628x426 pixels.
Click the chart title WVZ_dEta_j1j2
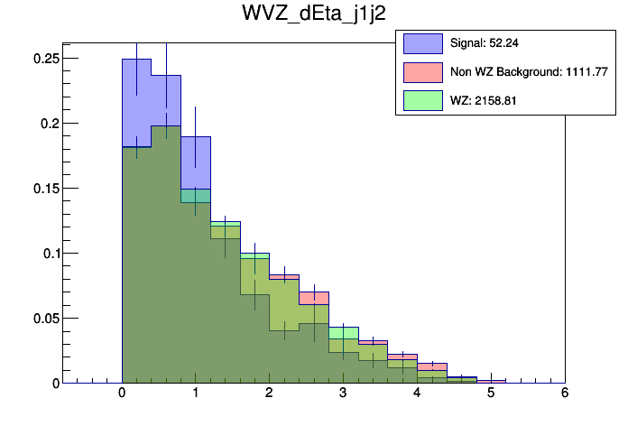[x=312, y=15]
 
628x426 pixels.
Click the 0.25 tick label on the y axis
[x=45, y=58]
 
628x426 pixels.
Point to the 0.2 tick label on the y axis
[x=49, y=123]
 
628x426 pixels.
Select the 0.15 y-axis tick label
[x=45, y=188]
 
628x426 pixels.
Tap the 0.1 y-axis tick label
[x=49, y=253]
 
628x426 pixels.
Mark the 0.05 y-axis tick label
[x=45, y=318]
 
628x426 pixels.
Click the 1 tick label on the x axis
[x=196, y=394]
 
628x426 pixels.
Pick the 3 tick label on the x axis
[x=344, y=394]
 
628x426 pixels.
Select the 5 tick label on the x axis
[x=491, y=394]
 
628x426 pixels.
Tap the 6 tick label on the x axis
[x=565, y=394]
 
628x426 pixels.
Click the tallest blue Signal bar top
[x=136, y=60]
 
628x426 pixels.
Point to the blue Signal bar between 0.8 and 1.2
[x=196, y=137]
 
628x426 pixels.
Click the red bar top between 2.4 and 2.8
[x=314, y=292]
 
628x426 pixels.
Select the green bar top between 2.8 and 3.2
[x=344, y=328]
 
